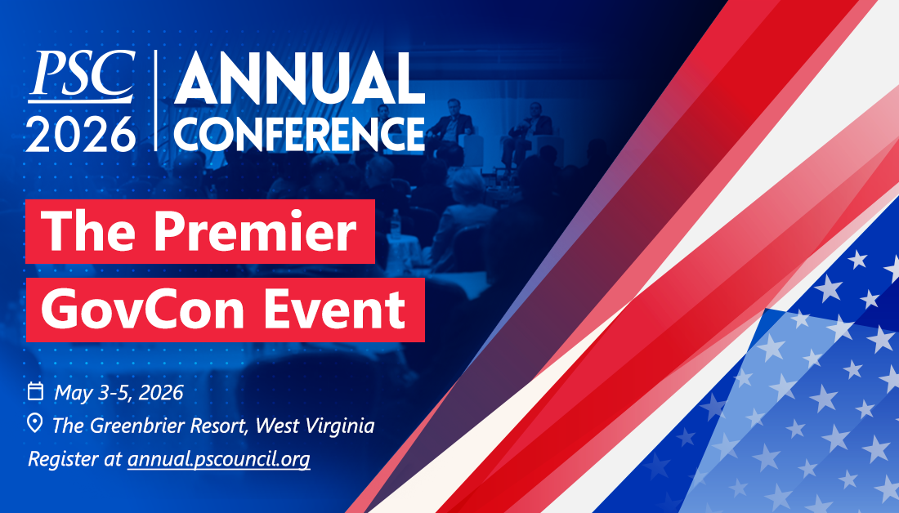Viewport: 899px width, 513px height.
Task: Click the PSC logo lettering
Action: click(x=82, y=74)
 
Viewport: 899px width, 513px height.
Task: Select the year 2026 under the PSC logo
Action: click(x=81, y=134)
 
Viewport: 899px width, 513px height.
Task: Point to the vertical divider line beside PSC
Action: click(x=155, y=100)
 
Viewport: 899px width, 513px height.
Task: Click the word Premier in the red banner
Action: click(x=255, y=231)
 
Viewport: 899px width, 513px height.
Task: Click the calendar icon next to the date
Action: click(x=35, y=391)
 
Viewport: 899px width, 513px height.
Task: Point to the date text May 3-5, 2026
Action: click(x=119, y=393)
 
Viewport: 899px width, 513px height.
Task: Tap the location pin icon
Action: click(x=35, y=424)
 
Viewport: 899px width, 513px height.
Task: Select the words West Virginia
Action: click(x=315, y=426)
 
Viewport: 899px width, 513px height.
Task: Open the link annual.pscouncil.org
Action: click(x=219, y=460)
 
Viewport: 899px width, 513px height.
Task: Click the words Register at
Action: click(x=75, y=460)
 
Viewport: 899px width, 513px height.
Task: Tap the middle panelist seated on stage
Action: click(x=452, y=123)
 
